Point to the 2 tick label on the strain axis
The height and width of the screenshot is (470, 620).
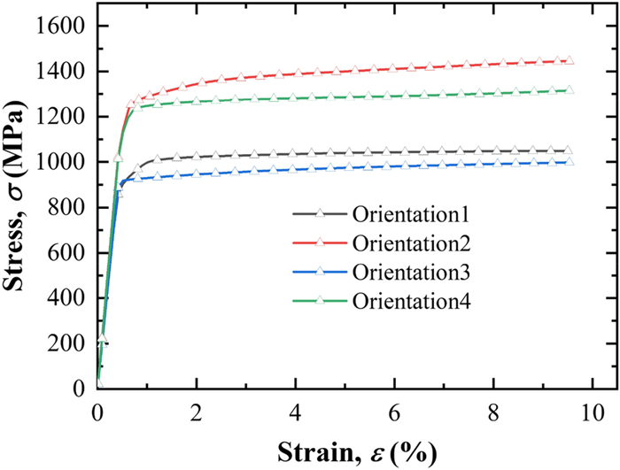point(197,411)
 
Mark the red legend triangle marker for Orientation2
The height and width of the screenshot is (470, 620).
point(321,243)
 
